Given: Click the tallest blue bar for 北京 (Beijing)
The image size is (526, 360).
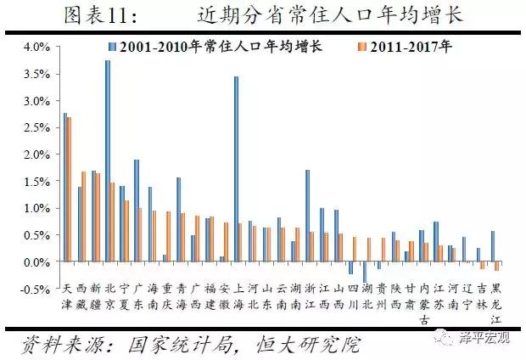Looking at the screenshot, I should coord(108,161).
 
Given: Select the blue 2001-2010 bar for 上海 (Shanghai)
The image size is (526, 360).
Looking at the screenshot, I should coord(236,169).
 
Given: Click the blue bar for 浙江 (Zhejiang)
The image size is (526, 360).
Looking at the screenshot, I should coord(307,216).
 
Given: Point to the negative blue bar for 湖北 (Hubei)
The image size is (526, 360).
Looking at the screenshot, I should coord(365,272).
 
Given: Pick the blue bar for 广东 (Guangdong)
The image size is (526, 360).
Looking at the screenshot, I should coord(136,211).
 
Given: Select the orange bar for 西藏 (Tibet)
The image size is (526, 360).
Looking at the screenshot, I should coord(84,217).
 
